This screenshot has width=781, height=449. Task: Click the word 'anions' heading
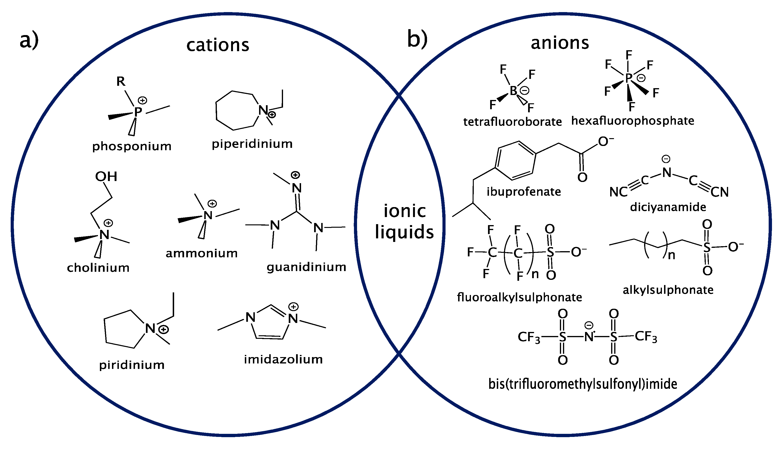tap(560, 43)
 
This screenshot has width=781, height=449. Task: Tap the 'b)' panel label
tap(417, 39)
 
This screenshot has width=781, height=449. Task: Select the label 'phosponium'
tap(132, 146)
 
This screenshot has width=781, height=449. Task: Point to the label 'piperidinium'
tap(252, 144)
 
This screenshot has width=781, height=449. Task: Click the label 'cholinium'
tap(98, 268)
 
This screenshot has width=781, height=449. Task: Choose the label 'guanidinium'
tap(307, 267)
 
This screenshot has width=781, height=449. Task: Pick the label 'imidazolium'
tap(283, 359)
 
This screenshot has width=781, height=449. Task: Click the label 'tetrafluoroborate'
tap(512, 122)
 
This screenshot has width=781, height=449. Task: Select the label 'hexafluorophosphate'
tap(633, 121)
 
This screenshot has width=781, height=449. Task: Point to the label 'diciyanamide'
tap(668, 207)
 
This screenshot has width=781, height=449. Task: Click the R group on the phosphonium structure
tap(121, 82)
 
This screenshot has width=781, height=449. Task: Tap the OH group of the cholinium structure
tap(106, 176)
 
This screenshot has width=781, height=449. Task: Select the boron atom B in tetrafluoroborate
tap(513, 91)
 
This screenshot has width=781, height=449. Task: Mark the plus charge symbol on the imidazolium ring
tap(293, 307)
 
